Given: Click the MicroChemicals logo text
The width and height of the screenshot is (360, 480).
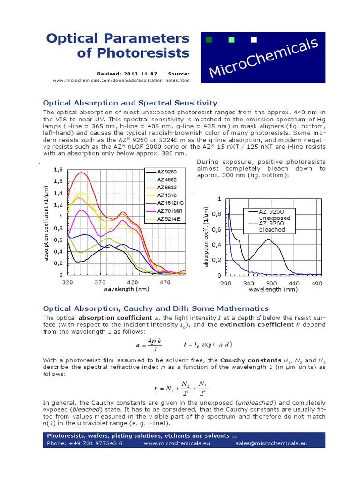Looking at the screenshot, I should tap(263, 58).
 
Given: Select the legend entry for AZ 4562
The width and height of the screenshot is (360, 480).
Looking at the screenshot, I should tap(167, 180).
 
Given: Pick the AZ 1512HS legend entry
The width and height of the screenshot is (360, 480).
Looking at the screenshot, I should tap(170, 203).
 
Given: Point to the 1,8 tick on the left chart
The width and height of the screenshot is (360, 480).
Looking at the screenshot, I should tap(58, 169).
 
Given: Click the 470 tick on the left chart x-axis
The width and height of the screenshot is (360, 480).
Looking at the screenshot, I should tap(165, 283).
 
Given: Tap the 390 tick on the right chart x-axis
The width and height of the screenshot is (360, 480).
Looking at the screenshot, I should tap(271, 283).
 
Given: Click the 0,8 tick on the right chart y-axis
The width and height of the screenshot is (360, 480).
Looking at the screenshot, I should tap(216, 214).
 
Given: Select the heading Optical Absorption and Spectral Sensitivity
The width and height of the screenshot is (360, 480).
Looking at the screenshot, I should tap(130, 103).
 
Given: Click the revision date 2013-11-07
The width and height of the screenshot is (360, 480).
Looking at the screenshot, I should tap(141, 74).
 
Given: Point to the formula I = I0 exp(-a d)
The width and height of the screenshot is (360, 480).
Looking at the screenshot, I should tap(207, 345).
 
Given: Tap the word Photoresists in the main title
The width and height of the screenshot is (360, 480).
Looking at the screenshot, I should tap(133, 53).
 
